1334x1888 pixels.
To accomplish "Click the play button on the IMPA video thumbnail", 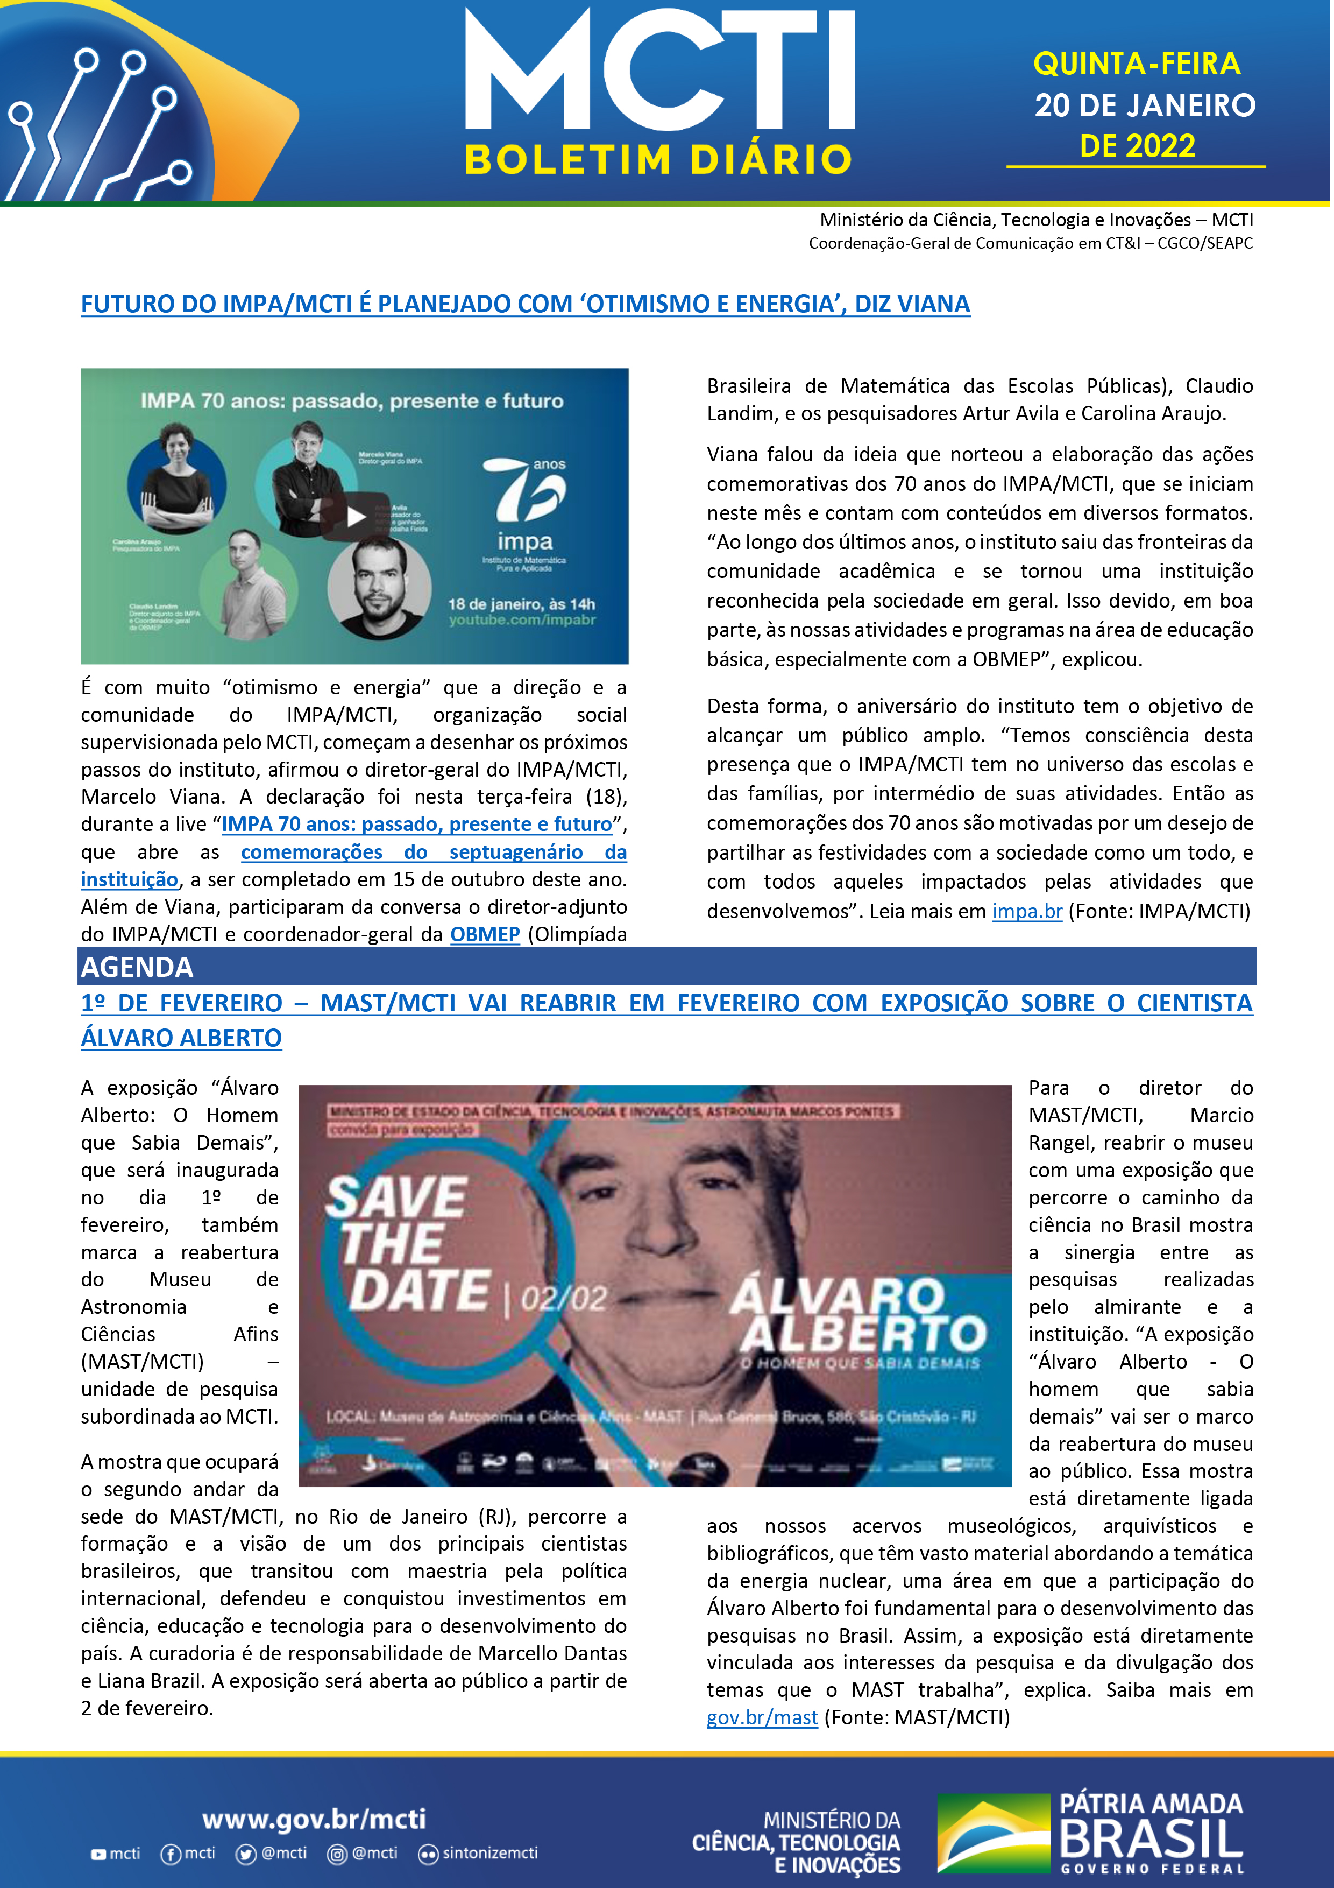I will pyautogui.click(x=355, y=517).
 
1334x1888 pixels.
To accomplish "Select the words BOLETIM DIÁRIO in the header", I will pyautogui.click(x=658, y=159).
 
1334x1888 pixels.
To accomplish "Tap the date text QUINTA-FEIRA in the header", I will pyautogui.click(x=1137, y=64).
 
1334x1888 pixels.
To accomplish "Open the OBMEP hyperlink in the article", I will pyautogui.click(x=485, y=934).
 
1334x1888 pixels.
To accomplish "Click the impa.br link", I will pyautogui.click(x=1027, y=911).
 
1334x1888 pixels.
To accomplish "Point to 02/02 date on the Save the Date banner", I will pyautogui.click(x=564, y=1299).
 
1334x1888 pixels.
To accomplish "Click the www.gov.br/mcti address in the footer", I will pyautogui.click(x=314, y=1819).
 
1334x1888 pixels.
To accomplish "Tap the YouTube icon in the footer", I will pyautogui.click(x=98, y=1854).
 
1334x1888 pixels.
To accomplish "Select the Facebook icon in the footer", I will pyautogui.click(x=170, y=1854).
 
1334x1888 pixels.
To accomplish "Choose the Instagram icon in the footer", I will pyautogui.click(x=337, y=1854).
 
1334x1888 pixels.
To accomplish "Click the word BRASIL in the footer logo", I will pyautogui.click(x=1151, y=1840).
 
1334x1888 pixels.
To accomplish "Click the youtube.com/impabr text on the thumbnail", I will pyautogui.click(x=522, y=620).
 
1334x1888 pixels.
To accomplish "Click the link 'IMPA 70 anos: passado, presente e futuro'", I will pyautogui.click(x=417, y=824).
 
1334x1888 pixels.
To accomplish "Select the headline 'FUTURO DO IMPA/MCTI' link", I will pyautogui.click(x=525, y=304).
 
